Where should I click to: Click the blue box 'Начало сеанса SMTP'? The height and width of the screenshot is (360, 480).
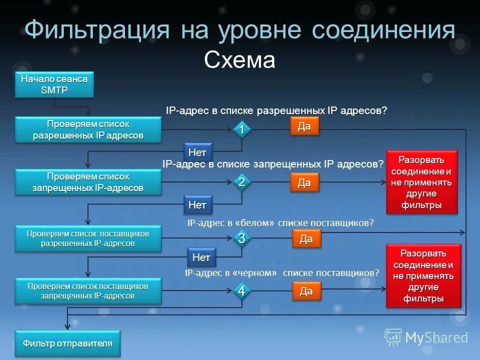54,84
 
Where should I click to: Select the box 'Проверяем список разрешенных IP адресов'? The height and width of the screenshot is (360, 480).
88,129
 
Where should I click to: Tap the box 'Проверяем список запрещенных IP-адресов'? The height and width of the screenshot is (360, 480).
88,182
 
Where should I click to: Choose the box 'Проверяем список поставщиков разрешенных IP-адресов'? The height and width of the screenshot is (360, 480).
88,238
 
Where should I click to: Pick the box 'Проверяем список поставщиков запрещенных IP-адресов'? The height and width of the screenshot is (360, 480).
88,290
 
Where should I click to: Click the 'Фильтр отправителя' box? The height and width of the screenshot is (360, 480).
67,343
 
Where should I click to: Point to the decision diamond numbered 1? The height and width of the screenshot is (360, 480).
241,129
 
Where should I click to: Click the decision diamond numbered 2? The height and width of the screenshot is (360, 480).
241,182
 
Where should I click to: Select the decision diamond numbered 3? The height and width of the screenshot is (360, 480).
241,238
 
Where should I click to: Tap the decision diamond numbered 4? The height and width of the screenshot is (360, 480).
241,291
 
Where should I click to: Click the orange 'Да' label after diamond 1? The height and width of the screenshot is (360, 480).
304,126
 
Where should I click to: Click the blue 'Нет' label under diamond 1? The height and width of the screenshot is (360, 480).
197,151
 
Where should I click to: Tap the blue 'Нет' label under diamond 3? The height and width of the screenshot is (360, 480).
201,257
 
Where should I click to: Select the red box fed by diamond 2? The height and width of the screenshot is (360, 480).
421,182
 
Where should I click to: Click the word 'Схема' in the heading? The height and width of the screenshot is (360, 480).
239,60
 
